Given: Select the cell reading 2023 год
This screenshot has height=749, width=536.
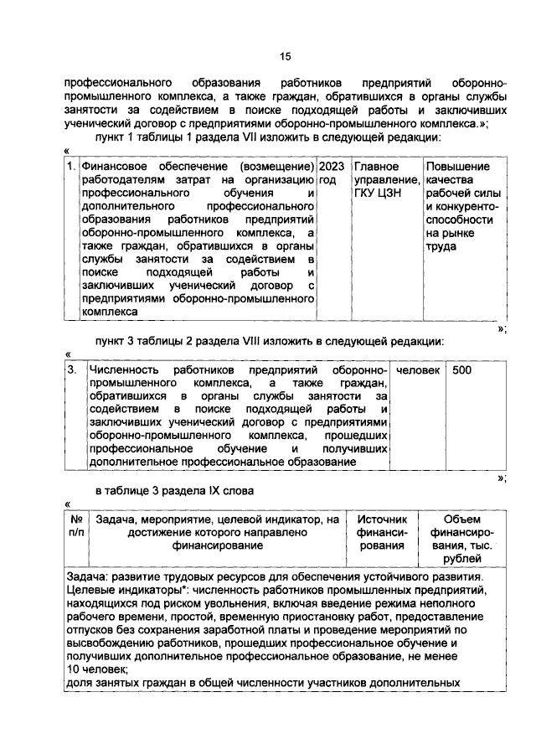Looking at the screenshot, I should pyautogui.click(x=333, y=173).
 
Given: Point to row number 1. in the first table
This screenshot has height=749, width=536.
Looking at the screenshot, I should pyautogui.click(x=73, y=167).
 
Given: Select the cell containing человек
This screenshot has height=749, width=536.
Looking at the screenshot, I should pyautogui.click(x=418, y=369).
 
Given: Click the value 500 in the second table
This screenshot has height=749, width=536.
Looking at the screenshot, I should pyautogui.click(x=461, y=369).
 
